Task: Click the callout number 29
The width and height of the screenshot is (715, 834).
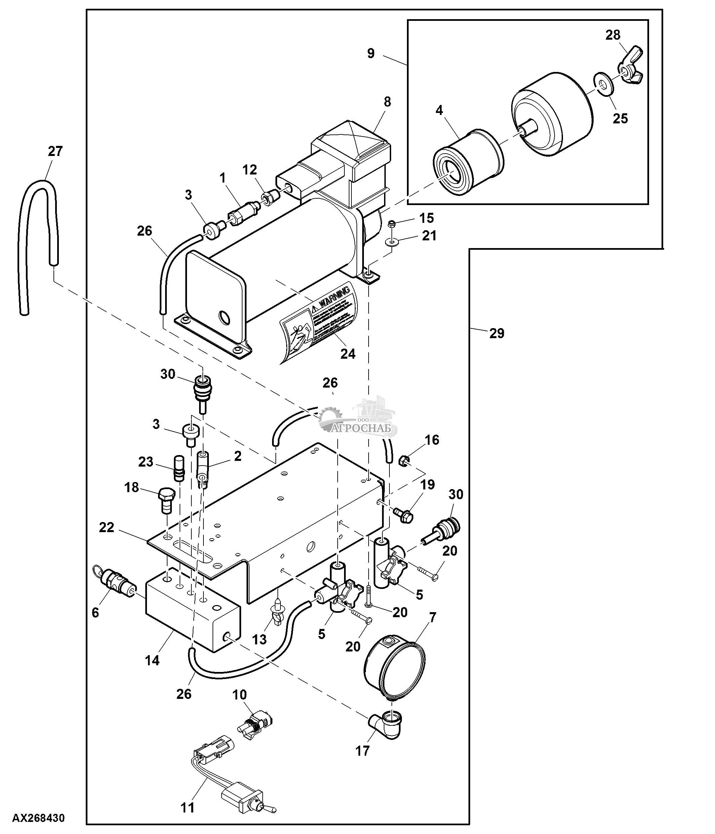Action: click(496, 333)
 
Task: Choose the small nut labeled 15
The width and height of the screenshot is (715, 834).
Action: click(390, 224)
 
